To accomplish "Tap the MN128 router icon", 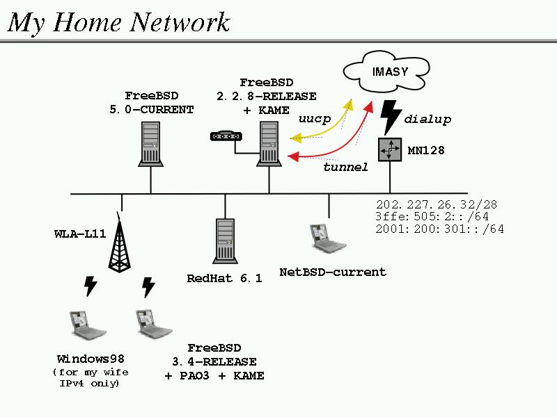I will (390, 149).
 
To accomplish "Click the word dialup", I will (427, 120).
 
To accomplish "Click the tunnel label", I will (345, 167).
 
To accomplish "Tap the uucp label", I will (315, 119).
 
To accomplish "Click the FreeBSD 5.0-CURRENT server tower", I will (151, 143).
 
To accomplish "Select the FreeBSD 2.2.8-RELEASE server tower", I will (269, 143).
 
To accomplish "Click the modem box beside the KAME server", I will (224, 136).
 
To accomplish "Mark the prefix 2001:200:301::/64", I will (439, 229).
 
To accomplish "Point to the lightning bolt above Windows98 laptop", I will (90, 285).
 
